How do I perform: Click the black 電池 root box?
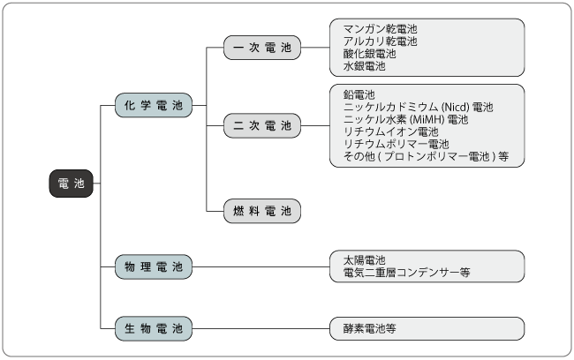click(x=69, y=184)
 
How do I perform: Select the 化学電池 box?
click(x=153, y=105)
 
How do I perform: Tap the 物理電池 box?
click(x=153, y=266)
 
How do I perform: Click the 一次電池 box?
click(x=262, y=48)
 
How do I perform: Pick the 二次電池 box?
click(x=262, y=126)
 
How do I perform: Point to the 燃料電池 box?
click(x=262, y=211)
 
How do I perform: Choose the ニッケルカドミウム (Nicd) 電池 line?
click(x=418, y=107)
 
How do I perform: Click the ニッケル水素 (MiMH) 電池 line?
click(x=405, y=119)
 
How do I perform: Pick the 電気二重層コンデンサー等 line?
click(x=406, y=273)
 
